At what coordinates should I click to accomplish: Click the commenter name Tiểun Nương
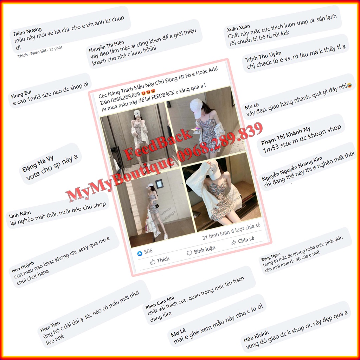(x=27, y=32)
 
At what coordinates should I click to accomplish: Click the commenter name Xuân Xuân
(x=239, y=27)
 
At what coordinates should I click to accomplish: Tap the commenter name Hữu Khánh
(x=256, y=335)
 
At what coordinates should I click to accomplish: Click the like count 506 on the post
(x=148, y=251)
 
